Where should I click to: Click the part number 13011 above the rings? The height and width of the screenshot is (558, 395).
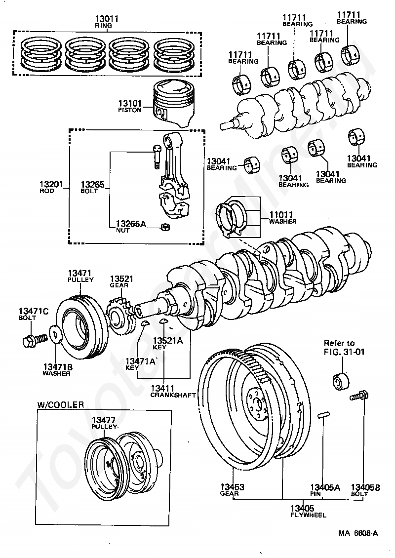pyautogui.click(x=106, y=18)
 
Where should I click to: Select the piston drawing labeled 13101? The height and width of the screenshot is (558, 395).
pyautogui.click(x=174, y=104)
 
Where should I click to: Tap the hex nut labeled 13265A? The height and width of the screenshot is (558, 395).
pyautogui.click(x=165, y=226)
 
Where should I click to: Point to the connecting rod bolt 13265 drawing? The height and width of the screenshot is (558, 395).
pyautogui.click(x=157, y=157)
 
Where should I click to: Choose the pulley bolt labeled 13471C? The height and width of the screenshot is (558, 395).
pyautogui.click(x=35, y=340)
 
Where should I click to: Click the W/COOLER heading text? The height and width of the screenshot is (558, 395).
pyautogui.click(x=61, y=404)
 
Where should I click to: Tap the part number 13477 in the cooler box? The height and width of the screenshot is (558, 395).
pyautogui.click(x=104, y=420)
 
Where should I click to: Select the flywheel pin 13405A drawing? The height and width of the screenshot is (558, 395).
pyautogui.click(x=323, y=416)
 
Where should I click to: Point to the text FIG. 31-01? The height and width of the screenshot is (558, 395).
pyautogui.click(x=344, y=352)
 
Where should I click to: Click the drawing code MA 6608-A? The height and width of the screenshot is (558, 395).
pyautogui.click(x=358, y=533)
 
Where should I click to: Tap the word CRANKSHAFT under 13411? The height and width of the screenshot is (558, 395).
pyautogui.click(x=173, y=395)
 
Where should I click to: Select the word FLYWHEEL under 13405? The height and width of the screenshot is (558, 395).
pyautogui.click(x=308, y=515)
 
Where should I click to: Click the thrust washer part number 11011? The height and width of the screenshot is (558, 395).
pyautogui.click(x=281, y=215)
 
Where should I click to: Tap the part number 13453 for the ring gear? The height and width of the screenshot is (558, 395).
pyautogui.click(x=232, y=487)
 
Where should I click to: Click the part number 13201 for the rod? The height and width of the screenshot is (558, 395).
pyautogui.click(x=51, y=184)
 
